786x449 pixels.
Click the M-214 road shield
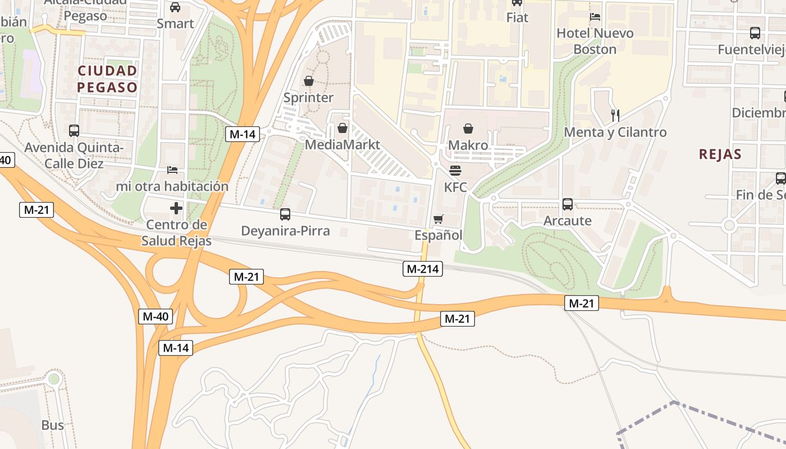pyautogui.click(x=423, y=269)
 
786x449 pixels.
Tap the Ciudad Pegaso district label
pyautogui.click(x=107, y=79)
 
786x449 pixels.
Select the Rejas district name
pyautogui.click(x=720, y=154)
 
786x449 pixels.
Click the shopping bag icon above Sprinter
pyautogui.click(x=308, y=81)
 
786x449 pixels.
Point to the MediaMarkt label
pyautogui.click(x=342, y=145)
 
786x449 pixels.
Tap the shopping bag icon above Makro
pyautogui.click(x=468, y=129)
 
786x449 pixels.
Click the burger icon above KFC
pyautogui.click(x=455, y=170)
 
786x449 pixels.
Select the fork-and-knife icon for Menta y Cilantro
pyautogui.click(x=615, y=116)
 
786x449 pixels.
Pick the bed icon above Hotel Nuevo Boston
pyautogui.click(x=595, y=17)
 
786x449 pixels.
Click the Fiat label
pyautogui.click(x=517, y=17)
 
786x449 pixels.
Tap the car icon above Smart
pyautogui.click(x=175, y=7)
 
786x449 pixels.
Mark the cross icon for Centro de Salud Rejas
pyautogui.click(x=176, y=208)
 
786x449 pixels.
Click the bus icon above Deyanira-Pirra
pyautogui.click(x=285, y=214)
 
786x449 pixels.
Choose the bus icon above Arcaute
pyautogui.click(x=568, y=204)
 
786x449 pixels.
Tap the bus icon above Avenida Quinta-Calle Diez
pyautogui.click(x=74, y=131)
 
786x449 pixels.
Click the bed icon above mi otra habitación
pyautogui.click(x=172, y=169)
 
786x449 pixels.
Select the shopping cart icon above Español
pyautogui.click(x=438, y=219)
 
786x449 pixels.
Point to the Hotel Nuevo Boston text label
pyautogui.click(x=595, y=41)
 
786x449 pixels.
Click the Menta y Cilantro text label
pyautogui.click(x=615, y=132)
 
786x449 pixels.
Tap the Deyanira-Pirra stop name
pyautogui.click(x=285, y=231)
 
